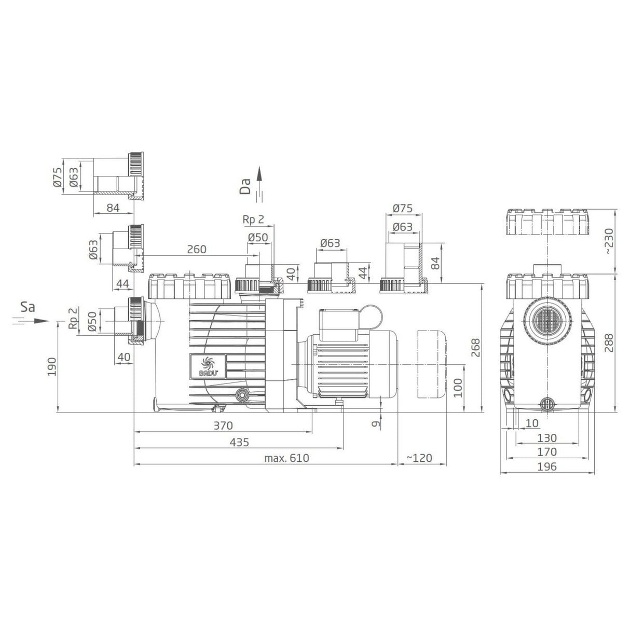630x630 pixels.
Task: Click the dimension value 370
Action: pos(223,426)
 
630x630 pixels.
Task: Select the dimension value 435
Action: pos(239,442)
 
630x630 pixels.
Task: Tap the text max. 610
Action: pos(286,458)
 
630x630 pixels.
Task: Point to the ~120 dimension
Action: pos(419,458)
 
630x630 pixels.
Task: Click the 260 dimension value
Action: pos(196,249)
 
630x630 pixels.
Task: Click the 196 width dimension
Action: pos(547,467)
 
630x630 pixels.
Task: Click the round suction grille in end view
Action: pos(547,321)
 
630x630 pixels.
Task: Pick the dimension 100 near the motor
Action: pos(457,388)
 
